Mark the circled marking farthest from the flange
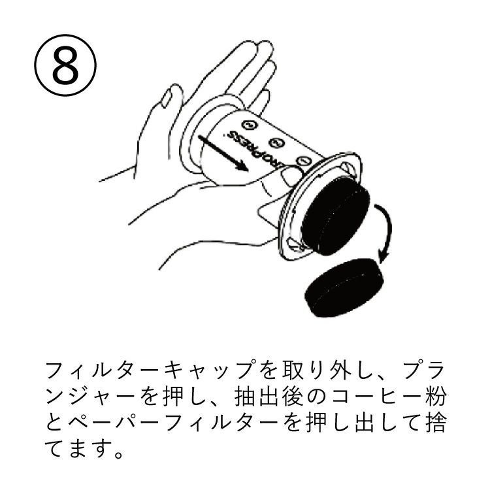tap(248, 124)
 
